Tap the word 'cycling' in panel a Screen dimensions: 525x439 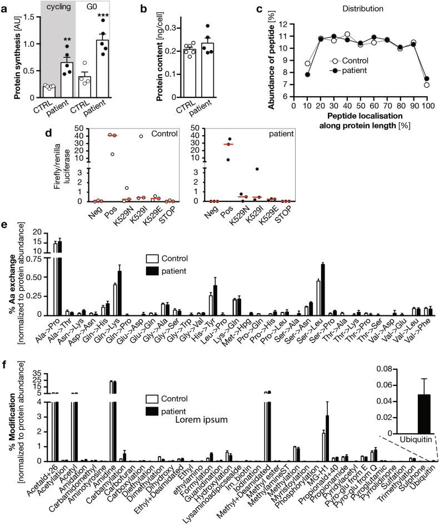[x=42, y=9]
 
